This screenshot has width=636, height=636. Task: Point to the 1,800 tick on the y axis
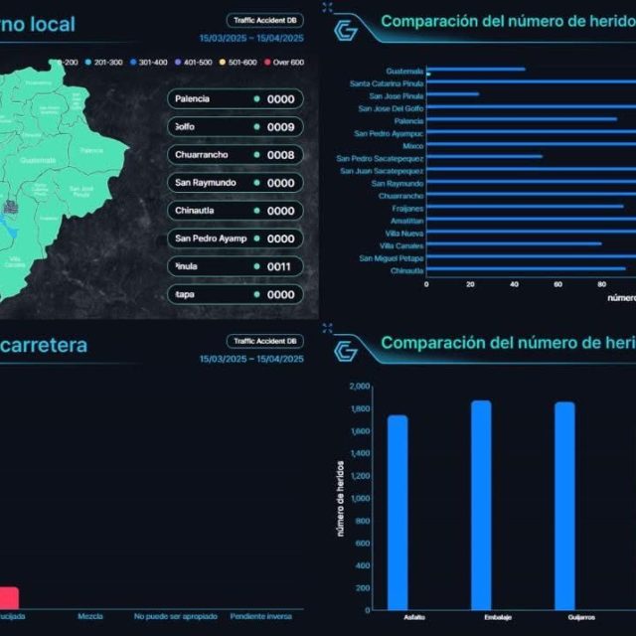[360, 408]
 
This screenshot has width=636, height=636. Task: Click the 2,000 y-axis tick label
[360, 386]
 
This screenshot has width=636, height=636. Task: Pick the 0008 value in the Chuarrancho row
[280, 155]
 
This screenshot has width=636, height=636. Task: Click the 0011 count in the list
[280, 266]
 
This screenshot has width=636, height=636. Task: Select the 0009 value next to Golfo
[280, 127]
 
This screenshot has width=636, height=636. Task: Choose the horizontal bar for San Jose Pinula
[452, 95]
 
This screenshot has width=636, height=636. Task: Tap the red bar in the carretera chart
[8, 597]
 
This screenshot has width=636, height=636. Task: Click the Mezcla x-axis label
[90, 616]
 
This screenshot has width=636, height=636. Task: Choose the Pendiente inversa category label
[260, 616]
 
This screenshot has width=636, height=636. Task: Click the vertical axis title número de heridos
[340, 498]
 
